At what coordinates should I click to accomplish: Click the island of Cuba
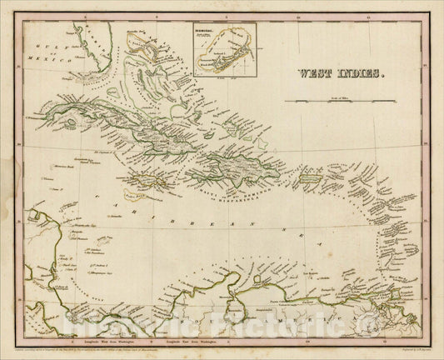click(x=125, y=121)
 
